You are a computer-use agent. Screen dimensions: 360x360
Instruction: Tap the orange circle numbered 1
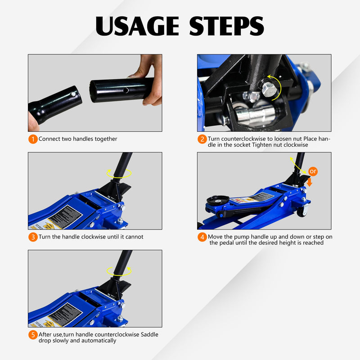[x=33, y=139]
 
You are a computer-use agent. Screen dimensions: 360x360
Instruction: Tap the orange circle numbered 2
[x=202, y=139]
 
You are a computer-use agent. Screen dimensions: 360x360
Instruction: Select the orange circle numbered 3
[x=33, y=237]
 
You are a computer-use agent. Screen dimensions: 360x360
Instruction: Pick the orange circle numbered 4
[x=202, y=237]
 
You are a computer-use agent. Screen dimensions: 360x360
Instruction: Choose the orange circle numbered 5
[x=33, y=335]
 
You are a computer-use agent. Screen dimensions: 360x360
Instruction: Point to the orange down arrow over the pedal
[x=309, y=182]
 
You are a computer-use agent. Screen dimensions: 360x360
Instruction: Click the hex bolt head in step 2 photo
[x=269, y=90]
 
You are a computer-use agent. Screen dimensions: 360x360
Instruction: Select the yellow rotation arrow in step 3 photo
[x=119, y=173]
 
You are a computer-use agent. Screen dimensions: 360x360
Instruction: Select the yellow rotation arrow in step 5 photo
[x=119, y=270]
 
